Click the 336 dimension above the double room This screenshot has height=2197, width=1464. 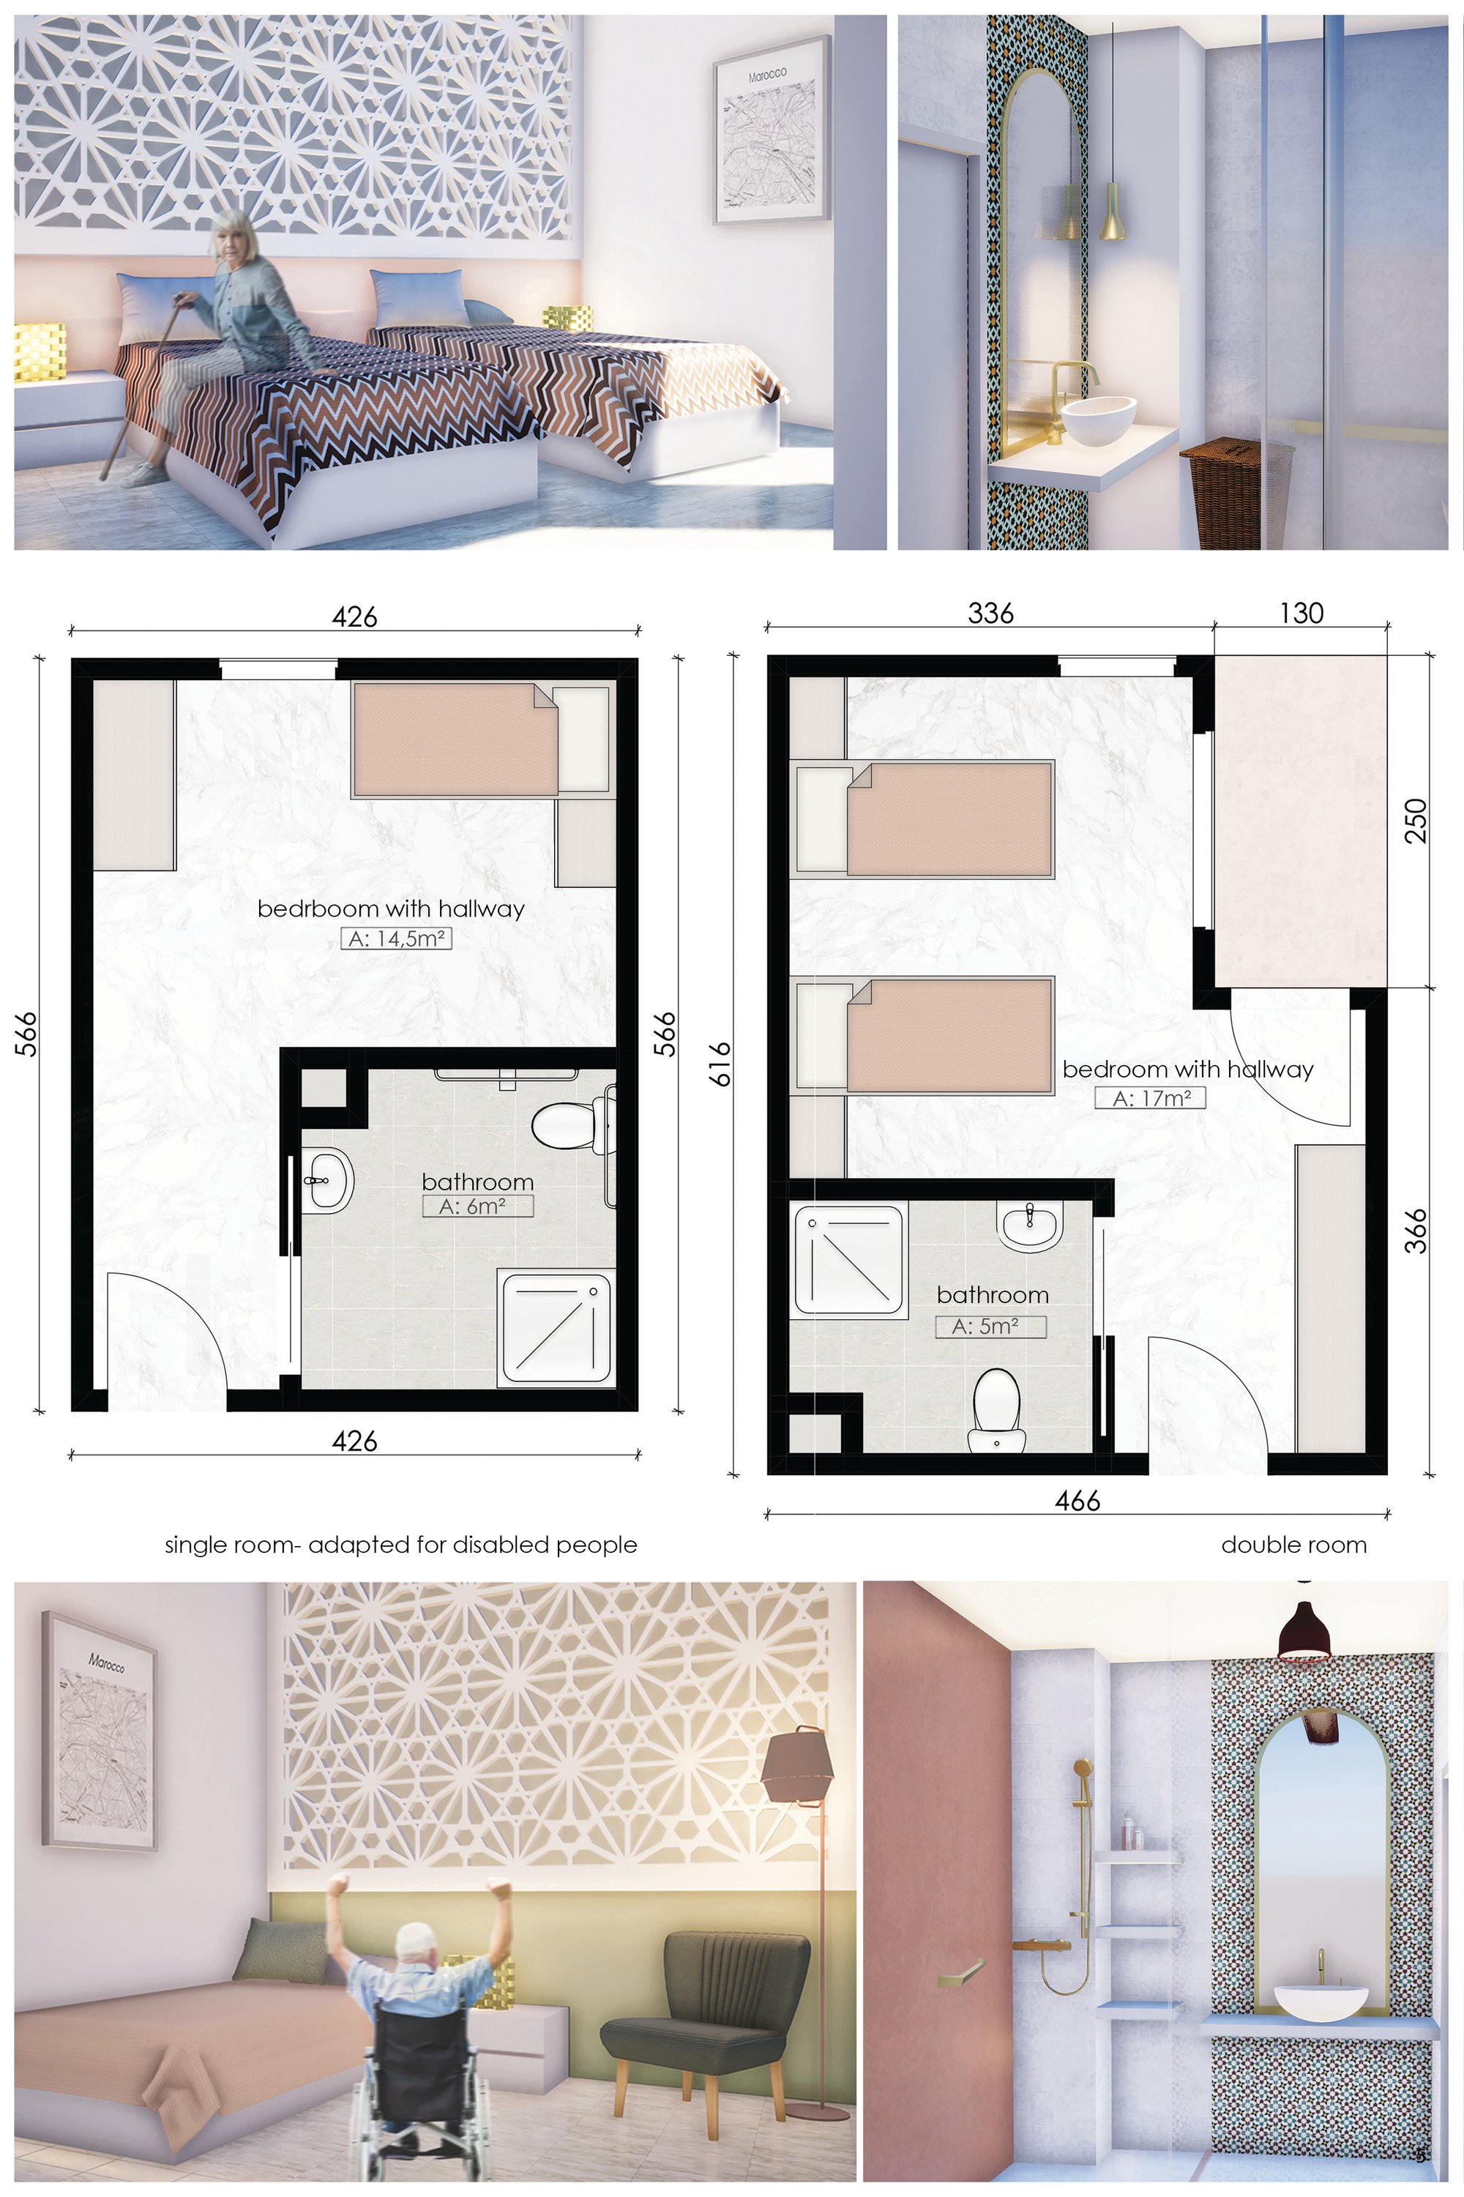[990, 613]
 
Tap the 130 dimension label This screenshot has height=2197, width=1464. [1301, 613]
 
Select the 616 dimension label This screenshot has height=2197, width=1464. [721, 1064]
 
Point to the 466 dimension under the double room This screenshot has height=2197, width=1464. [1078, 1501]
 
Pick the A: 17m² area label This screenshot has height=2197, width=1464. [1150, 1098]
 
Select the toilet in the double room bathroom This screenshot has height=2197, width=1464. [996, 1410]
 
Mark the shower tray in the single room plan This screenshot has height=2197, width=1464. [556, 1329]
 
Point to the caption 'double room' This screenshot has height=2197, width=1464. [1293, 1545]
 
